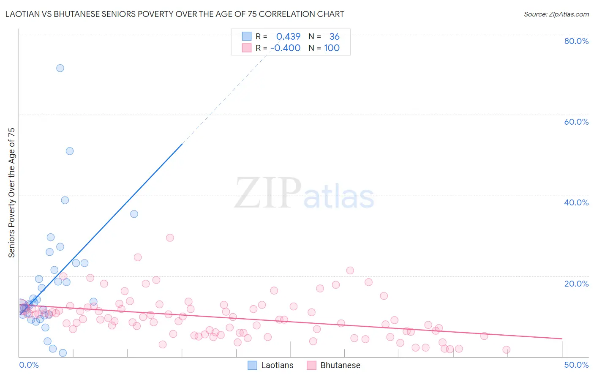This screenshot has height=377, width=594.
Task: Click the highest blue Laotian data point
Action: coord(60,68)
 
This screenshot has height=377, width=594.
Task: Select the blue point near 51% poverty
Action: coord(70,151)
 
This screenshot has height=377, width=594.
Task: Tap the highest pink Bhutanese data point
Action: coord(170,238)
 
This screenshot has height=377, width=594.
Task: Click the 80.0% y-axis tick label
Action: coord(576,41)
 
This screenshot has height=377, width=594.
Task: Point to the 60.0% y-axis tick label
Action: coord(576,122)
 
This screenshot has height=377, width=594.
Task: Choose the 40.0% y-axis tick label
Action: coord(576,202)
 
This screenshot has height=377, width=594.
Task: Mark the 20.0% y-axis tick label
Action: coord(576,284)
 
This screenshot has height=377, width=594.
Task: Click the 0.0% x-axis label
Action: coord(29,365)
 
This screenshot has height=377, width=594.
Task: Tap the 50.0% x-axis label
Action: coord(576,365)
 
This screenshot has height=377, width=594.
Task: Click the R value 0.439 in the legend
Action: coord(288,36)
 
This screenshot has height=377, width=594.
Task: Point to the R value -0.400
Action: coord(285,48)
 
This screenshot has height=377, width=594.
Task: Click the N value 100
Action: coord(332,48)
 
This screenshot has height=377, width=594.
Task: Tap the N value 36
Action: coord(334,36)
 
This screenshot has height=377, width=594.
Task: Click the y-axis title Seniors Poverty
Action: coord(11,193)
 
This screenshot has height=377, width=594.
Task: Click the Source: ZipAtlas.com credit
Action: coord(556,14)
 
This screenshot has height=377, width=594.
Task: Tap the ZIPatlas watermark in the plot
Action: coord(304,194)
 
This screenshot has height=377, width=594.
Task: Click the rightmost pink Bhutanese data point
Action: coord(506,350)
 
